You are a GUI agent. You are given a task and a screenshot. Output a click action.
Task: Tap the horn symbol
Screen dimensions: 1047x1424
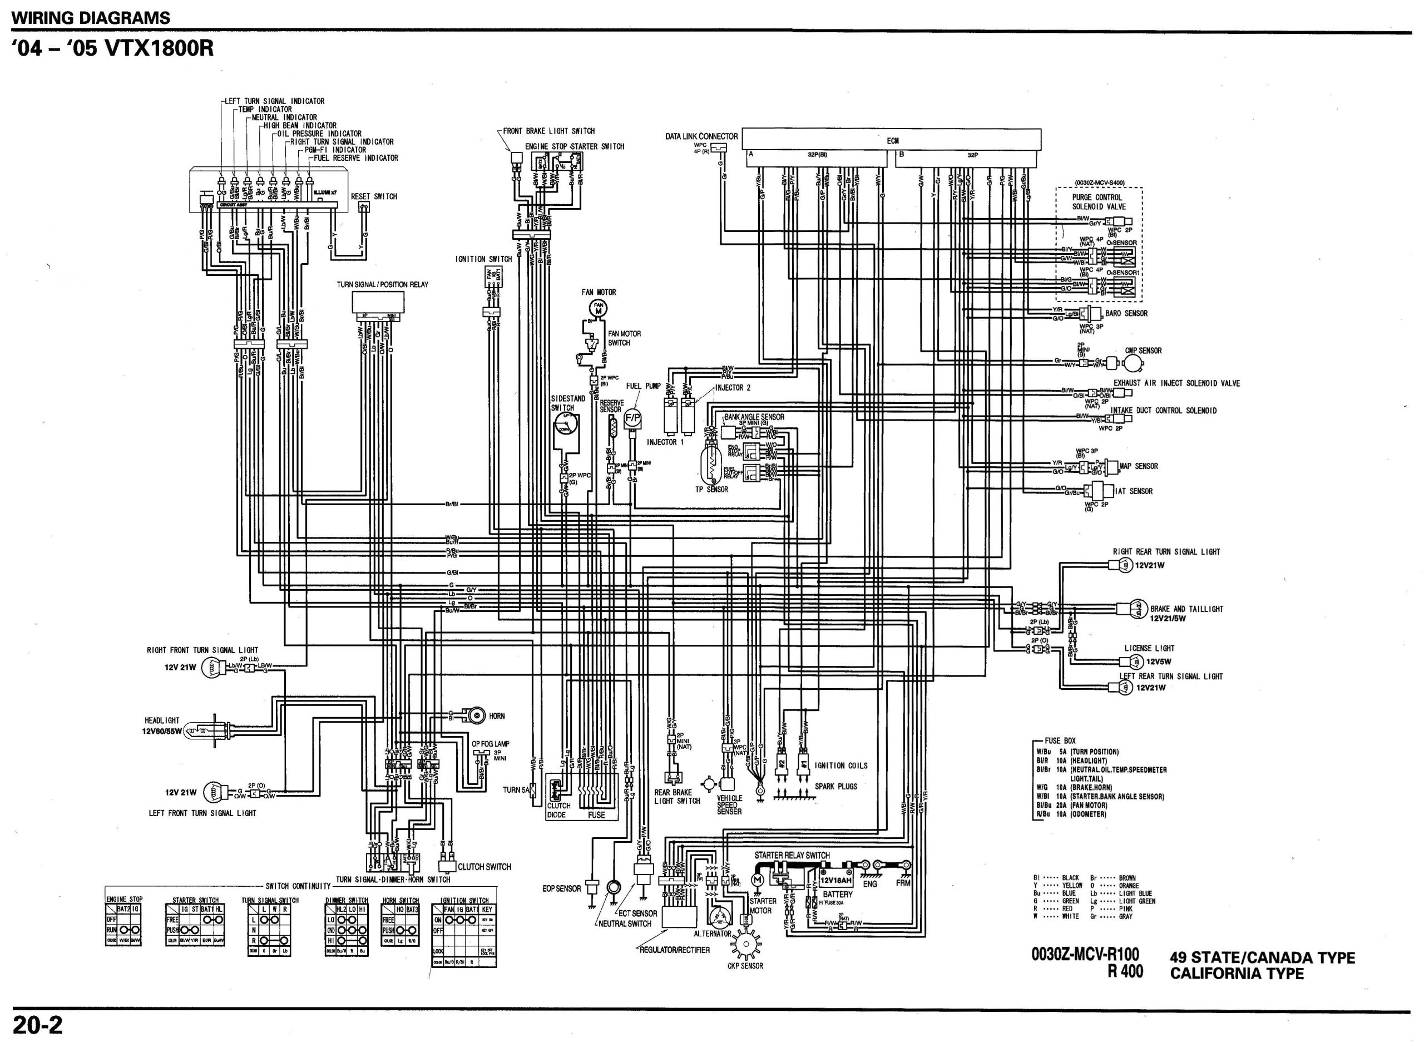(x=473, y=715)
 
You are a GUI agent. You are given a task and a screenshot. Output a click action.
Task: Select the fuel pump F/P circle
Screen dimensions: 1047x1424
(x=632, y=418)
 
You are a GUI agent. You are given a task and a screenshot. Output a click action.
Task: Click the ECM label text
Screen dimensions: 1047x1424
(x=892, y=141)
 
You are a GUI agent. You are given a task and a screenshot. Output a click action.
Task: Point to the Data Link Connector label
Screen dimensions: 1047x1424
(x=701, y=136)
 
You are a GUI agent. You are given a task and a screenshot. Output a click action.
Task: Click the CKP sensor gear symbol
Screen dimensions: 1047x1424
(x=745, y=945)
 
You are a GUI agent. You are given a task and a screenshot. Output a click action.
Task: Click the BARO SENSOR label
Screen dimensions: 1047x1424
(x=1126, y=313)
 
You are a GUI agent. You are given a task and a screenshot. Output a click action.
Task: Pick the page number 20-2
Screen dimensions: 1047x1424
(x=37, y=1025)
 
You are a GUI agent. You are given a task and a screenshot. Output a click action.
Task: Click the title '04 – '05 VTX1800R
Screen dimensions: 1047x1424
(x=113, y=49)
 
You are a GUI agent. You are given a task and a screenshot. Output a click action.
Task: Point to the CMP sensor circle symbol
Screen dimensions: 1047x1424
(x=1133, y=363)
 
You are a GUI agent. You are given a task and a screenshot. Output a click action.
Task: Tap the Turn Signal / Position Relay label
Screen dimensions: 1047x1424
(x=382, y=285)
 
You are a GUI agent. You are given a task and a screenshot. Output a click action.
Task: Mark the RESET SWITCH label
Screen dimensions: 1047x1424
(x=374, y=196)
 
